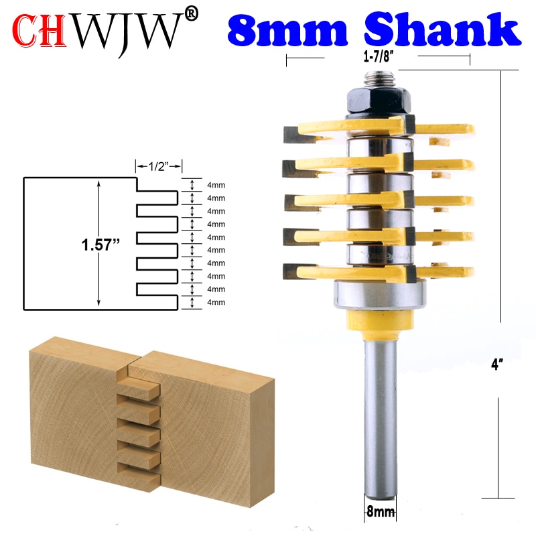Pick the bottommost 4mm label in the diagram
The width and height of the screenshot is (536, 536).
pos(216,302)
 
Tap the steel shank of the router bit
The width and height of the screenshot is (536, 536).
pos(379,415)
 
